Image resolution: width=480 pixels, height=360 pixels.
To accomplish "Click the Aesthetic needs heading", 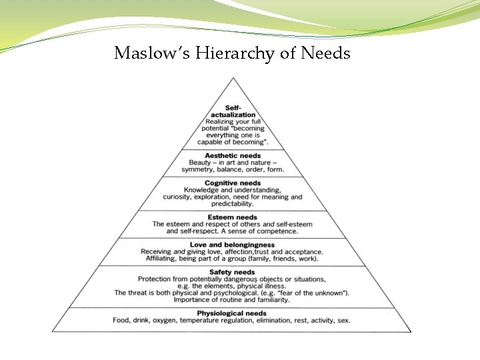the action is coord(233,156).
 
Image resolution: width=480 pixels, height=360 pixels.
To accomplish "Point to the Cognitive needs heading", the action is coord(233,183).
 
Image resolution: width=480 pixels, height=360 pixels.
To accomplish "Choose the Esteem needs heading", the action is coord(233,217).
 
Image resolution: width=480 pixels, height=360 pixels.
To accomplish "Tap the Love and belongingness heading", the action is coord(232,245).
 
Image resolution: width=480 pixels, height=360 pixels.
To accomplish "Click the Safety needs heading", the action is coord(232,272).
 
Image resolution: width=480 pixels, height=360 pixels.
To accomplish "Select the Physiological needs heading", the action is coord(232,313).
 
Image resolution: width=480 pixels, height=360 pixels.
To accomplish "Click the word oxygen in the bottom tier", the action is coord(166,321).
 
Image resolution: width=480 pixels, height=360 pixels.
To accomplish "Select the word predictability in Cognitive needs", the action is coord(233,203).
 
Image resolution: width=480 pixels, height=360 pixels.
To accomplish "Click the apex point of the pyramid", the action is coord(233,78).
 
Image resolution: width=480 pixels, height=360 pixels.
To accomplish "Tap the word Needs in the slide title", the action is coord(325,53).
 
